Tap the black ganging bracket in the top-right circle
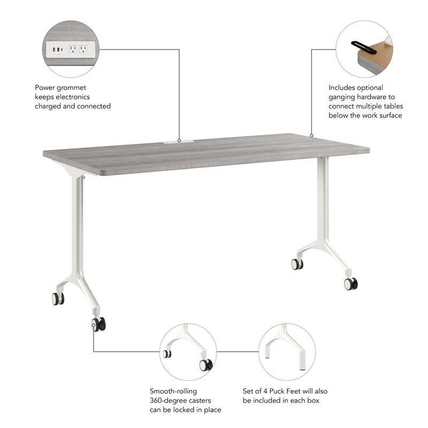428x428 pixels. [x=360, y=46]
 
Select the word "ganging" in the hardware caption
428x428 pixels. [x=343, y=97]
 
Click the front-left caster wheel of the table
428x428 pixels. [x=57, y=299]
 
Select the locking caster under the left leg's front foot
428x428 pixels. [x=98, y=324]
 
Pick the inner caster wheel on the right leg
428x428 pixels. [x=296, y=264]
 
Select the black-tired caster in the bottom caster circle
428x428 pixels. [x=205, y=365]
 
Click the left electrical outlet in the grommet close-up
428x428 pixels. [x=73, y=50]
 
